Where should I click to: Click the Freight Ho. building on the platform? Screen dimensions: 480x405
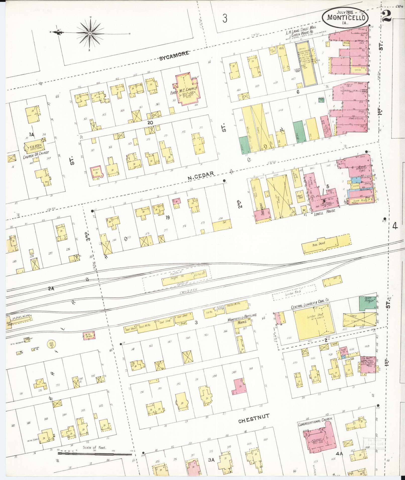click(x=183, y=278)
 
